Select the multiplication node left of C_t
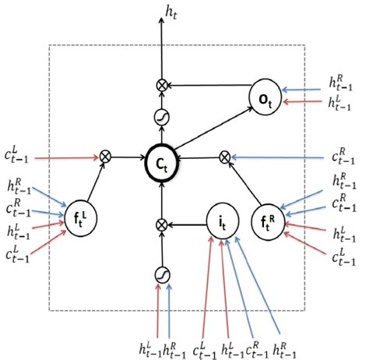[107, 157]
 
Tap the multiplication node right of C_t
[225, 157]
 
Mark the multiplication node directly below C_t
[163, 224]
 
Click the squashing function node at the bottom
[163, 274]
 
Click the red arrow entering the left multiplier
[66, 158]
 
